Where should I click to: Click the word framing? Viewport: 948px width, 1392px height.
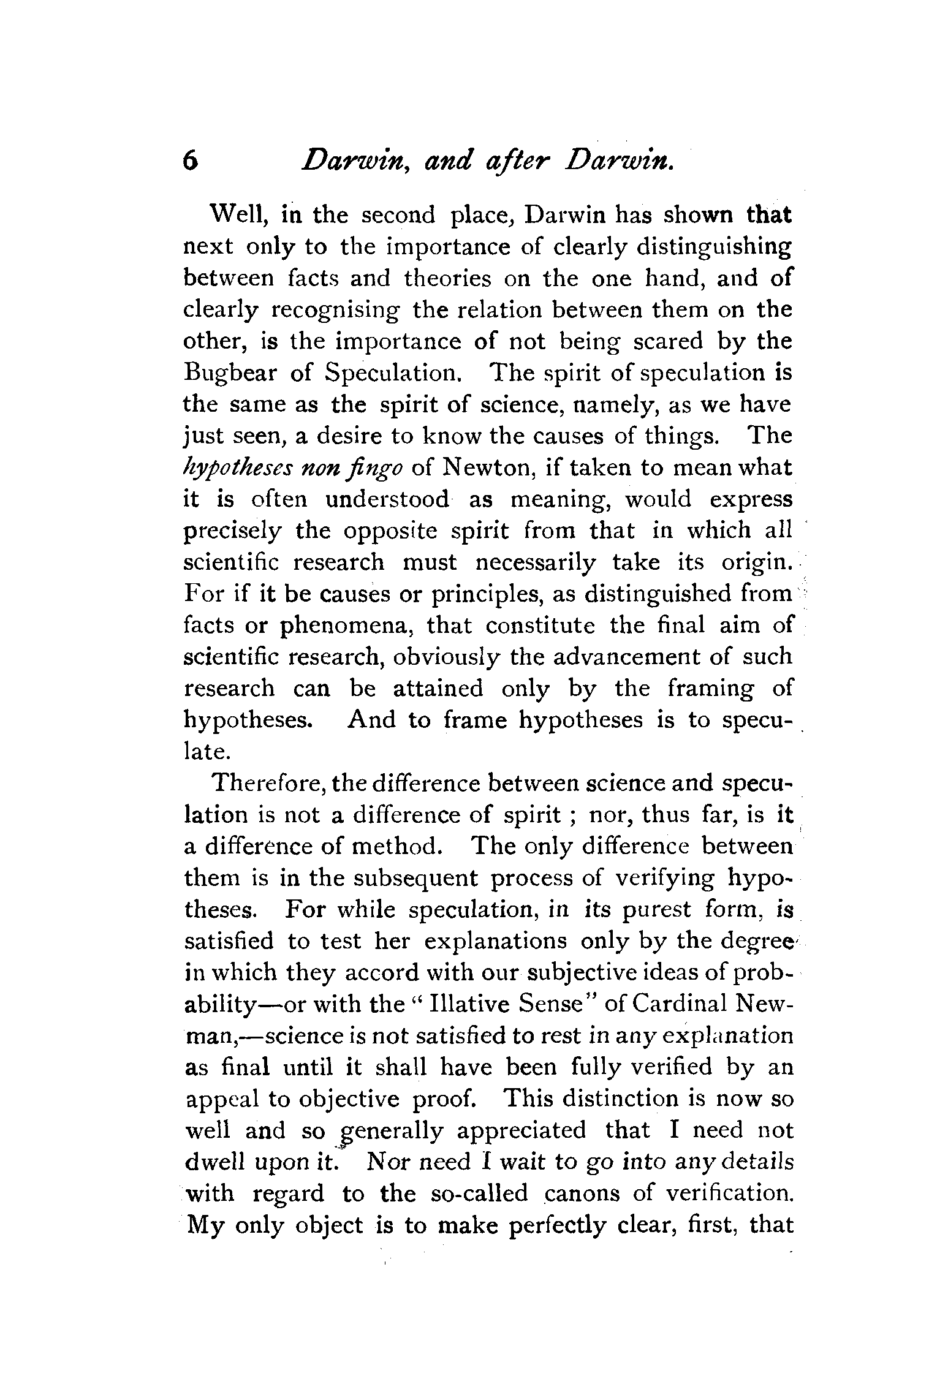tap(710, 689)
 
